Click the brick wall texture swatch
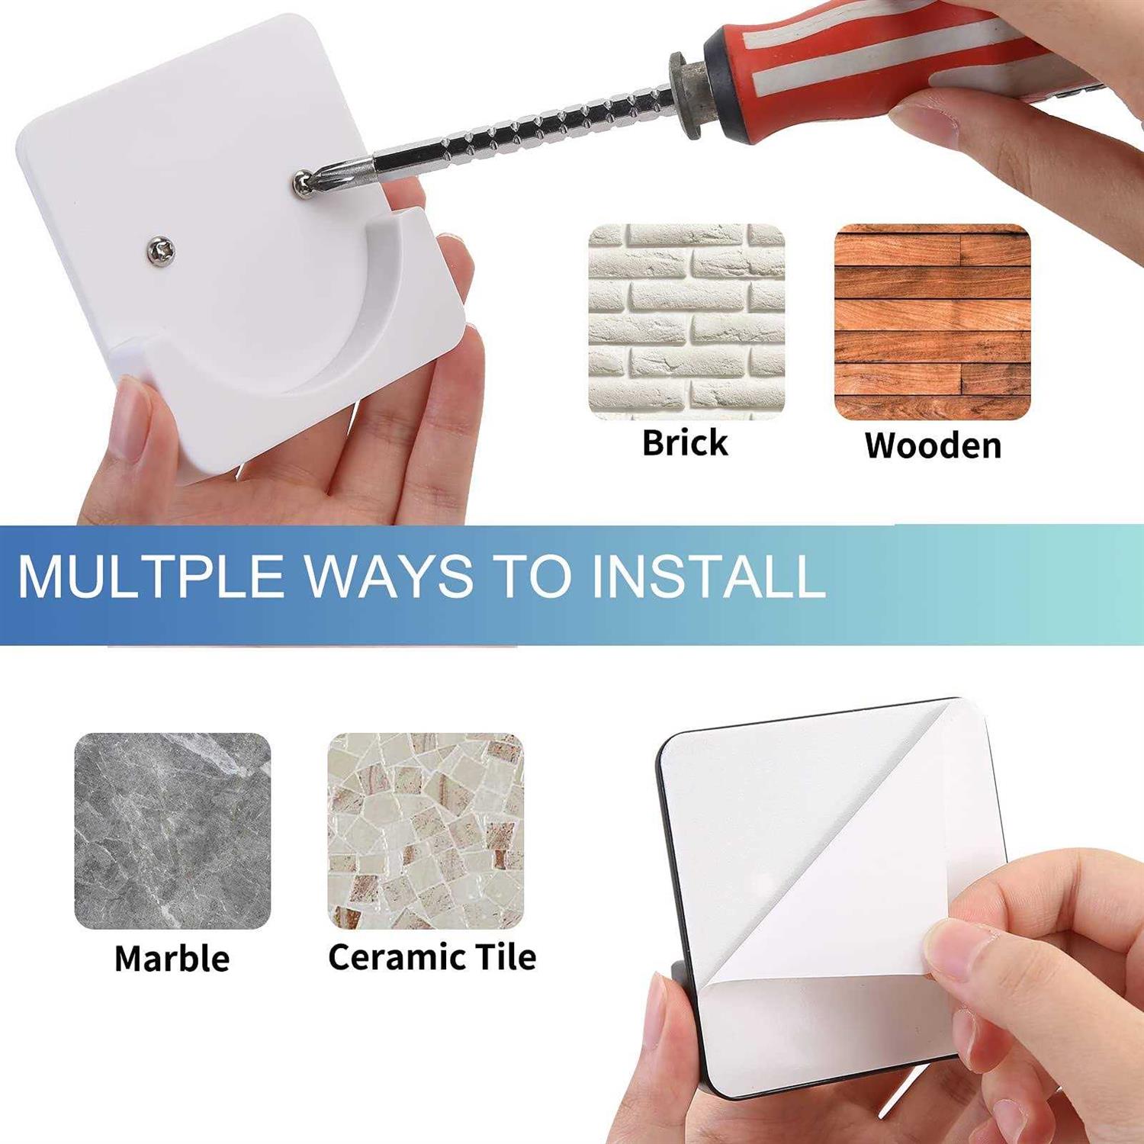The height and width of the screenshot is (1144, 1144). (x=686, y=321)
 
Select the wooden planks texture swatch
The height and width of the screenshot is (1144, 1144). (x=932, y=321)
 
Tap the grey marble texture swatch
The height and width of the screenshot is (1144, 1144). (x=172, y=831)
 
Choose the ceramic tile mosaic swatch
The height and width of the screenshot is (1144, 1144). (x=426, y=831)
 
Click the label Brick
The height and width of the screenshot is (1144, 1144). (x=685, y=443)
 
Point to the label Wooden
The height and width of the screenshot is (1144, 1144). (x=933, y=446)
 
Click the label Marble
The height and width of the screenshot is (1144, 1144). (x=172, y=959)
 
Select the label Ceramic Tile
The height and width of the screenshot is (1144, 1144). (x=432, y=957)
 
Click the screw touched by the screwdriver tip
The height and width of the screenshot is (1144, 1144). (x=304, y=184)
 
